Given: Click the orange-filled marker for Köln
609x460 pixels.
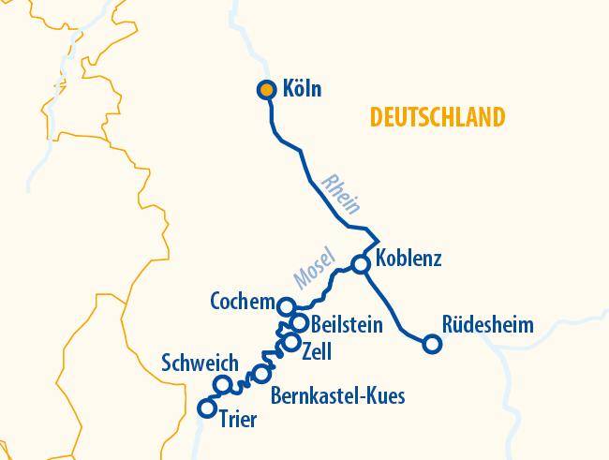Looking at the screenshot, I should click(267, 90).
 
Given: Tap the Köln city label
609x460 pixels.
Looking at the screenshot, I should click(302, 90).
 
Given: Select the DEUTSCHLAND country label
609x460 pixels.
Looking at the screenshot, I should click(438, 117).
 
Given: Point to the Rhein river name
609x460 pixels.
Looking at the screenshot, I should click(339, 193).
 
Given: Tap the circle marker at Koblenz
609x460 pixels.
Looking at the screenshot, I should click(361, 264).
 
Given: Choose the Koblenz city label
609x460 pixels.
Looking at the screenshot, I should click(408, 259).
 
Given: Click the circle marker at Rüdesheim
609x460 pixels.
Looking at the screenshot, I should click(432, 344).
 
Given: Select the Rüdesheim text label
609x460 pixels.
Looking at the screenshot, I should click(487, 325).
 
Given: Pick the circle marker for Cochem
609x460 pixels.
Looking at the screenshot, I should click(287, 304).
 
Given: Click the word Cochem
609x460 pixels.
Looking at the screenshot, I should click(243, 303).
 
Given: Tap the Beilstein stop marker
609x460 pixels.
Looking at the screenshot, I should click(299, 323).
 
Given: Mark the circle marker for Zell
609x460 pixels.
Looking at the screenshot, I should click(291, 343).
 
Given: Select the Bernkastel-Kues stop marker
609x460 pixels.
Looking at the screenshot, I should click(261, 375).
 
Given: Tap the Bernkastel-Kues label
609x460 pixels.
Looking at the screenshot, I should click(337, 396).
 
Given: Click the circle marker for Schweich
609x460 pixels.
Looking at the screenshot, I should click(223, 384).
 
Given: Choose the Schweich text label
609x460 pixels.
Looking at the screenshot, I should click(200, 364).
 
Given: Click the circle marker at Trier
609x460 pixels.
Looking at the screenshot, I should click(208, 408).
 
